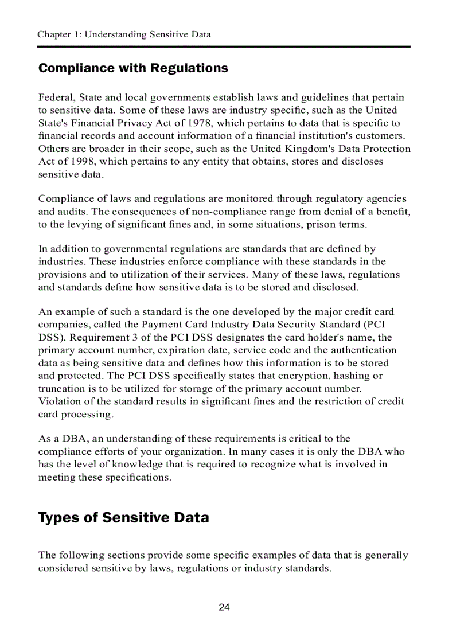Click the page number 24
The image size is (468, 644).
point(224,607)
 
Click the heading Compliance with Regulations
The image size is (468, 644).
point(133,68)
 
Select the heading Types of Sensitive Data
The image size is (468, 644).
point(123,518)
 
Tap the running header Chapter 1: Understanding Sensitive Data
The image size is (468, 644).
point(124,34)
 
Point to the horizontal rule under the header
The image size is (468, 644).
point(224,46)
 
